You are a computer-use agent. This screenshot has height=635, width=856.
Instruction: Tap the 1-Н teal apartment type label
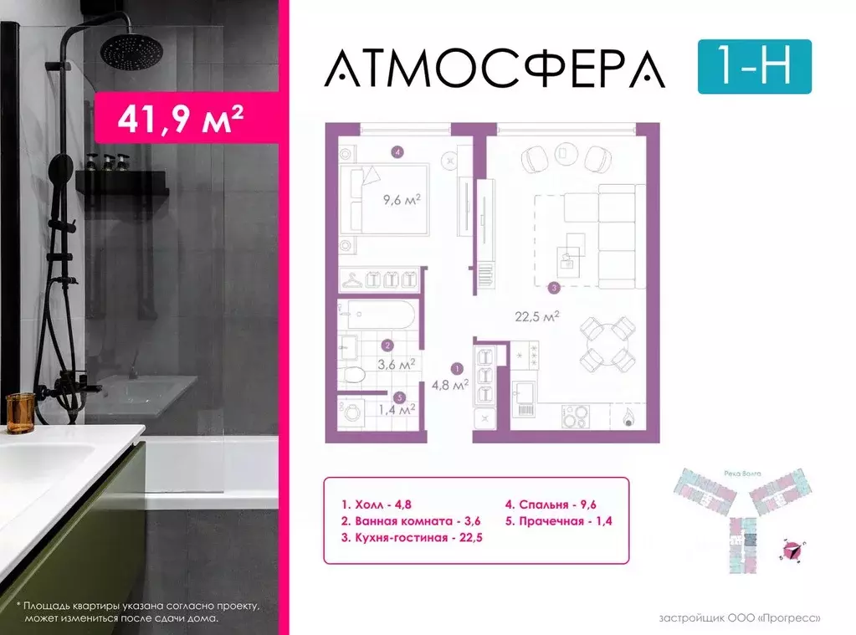[x=754, y=66]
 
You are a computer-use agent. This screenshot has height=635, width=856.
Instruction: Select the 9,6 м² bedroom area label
[x=402, y=200]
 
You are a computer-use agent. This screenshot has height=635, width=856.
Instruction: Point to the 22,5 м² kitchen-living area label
[x=536, y=316]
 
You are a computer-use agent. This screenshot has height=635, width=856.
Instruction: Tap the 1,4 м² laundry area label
[x=397, y=409]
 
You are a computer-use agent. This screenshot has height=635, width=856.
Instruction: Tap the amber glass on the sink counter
[x=20, y=413]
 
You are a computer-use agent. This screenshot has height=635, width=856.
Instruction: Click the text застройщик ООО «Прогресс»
[x=740, y=618]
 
